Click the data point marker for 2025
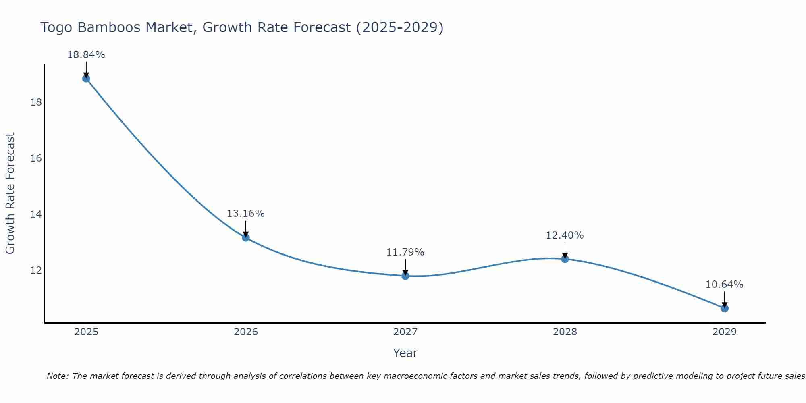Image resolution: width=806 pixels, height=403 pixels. (x=86, y=78)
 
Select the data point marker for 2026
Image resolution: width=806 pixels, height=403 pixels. (x=246, y=237)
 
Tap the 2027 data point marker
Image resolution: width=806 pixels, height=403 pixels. (x=405, y=276)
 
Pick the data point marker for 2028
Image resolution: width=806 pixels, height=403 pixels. (x=565, y=259)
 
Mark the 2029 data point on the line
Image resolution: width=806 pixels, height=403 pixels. (x=725, y=308)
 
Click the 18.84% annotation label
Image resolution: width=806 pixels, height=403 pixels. (x=86, y=55)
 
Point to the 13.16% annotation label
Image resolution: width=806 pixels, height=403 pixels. (x=245, y=214)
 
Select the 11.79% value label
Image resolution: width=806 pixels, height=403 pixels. (x=405, y=252)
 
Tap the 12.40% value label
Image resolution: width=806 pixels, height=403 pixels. (x=565, y=235)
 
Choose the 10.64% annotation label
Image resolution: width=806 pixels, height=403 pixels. (x=724, y=285)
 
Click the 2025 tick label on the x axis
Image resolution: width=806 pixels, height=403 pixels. (x=86, y=332)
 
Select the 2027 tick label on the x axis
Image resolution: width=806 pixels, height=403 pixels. (x=405, y=332)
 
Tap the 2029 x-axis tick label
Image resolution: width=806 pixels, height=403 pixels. (x=725, y=332)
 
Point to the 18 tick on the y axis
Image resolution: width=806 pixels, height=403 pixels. (x=36, y=102)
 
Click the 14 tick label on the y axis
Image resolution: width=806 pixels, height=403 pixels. (x=36, y=214)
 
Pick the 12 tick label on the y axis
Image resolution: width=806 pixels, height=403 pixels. (x=36, y=270)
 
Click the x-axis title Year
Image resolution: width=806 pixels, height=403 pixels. (x=405, y=353)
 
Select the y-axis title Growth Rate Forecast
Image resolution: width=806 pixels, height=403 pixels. (x=10, y=193)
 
